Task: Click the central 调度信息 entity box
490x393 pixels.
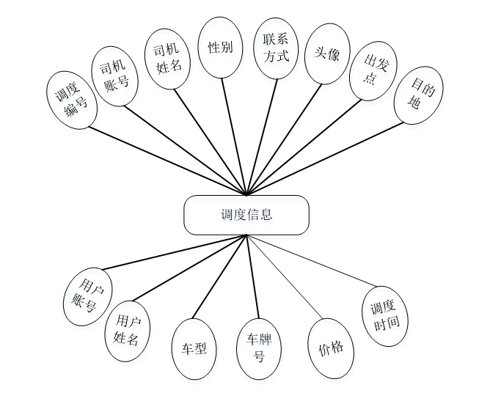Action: (x=246, y=215)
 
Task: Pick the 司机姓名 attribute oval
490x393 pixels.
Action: (x=167, y=59)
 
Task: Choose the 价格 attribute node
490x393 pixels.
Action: (x=330, y=349)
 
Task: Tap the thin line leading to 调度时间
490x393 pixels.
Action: (x=316, y=262)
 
